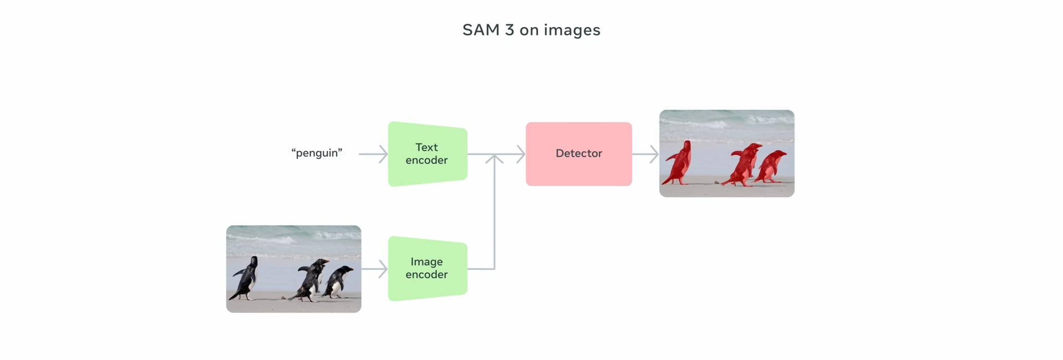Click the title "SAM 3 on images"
click(531, 30)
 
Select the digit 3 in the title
click(509, 30)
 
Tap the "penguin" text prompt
click(317, 153)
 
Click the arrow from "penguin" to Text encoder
click(373, 154)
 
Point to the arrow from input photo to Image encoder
click(375, 269)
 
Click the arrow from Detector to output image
click(646, 154)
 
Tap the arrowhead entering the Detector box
click(520, 154)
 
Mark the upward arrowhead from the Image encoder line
click(494, 159)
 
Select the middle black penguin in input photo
click(311, 279)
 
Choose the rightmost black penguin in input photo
click(338, 281)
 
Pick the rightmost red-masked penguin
click(771, 166)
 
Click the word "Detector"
click(579, 153)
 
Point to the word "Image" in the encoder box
click(426, 262)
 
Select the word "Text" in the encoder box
click(426, 147)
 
